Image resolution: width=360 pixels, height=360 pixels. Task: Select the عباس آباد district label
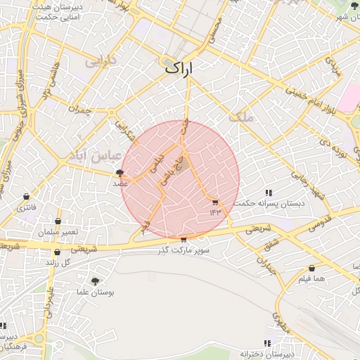[102, 155]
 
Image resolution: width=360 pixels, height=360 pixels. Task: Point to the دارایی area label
[99, 62]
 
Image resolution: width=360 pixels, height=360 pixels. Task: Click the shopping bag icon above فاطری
[26, 196]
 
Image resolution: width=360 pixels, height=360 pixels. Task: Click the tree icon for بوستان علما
[95, 281]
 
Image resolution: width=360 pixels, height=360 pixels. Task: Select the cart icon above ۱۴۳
[215, 202]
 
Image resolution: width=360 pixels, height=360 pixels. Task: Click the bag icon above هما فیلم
[311, 269]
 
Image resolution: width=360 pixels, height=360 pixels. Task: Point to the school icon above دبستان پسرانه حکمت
[269, 193]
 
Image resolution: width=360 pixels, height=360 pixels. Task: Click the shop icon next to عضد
[120, 172]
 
